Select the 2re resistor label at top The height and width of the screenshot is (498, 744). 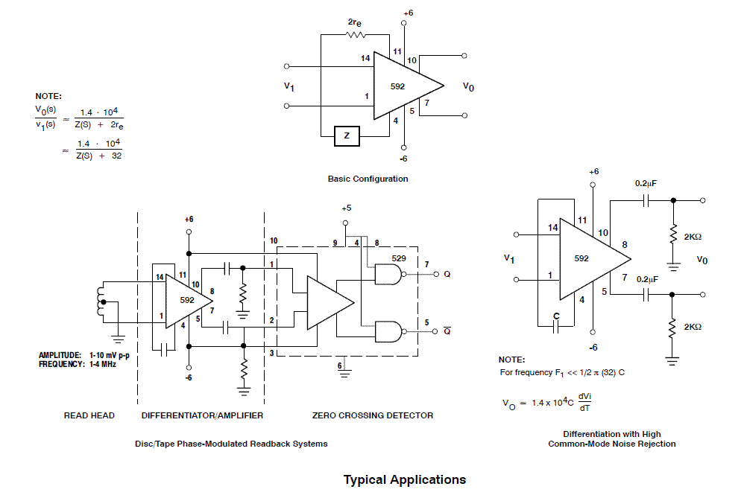(x=356, y=23)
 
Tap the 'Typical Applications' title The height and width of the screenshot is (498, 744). (x=405, y=479)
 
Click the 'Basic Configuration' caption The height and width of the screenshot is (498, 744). (x=368, y=179)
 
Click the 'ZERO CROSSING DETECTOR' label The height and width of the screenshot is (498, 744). (x=372, y=415)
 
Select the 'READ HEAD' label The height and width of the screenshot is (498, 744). (x=89, y=415)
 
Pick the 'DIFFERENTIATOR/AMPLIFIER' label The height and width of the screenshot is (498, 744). (x=202, y=415)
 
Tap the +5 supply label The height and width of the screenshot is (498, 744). (x=345, y=208)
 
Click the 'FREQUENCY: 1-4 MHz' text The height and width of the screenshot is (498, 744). (x=78, y=364)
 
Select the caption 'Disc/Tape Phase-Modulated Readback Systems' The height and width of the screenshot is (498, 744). (x=231, y=444)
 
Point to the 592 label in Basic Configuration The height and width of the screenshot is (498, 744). (x=397, y=86)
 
